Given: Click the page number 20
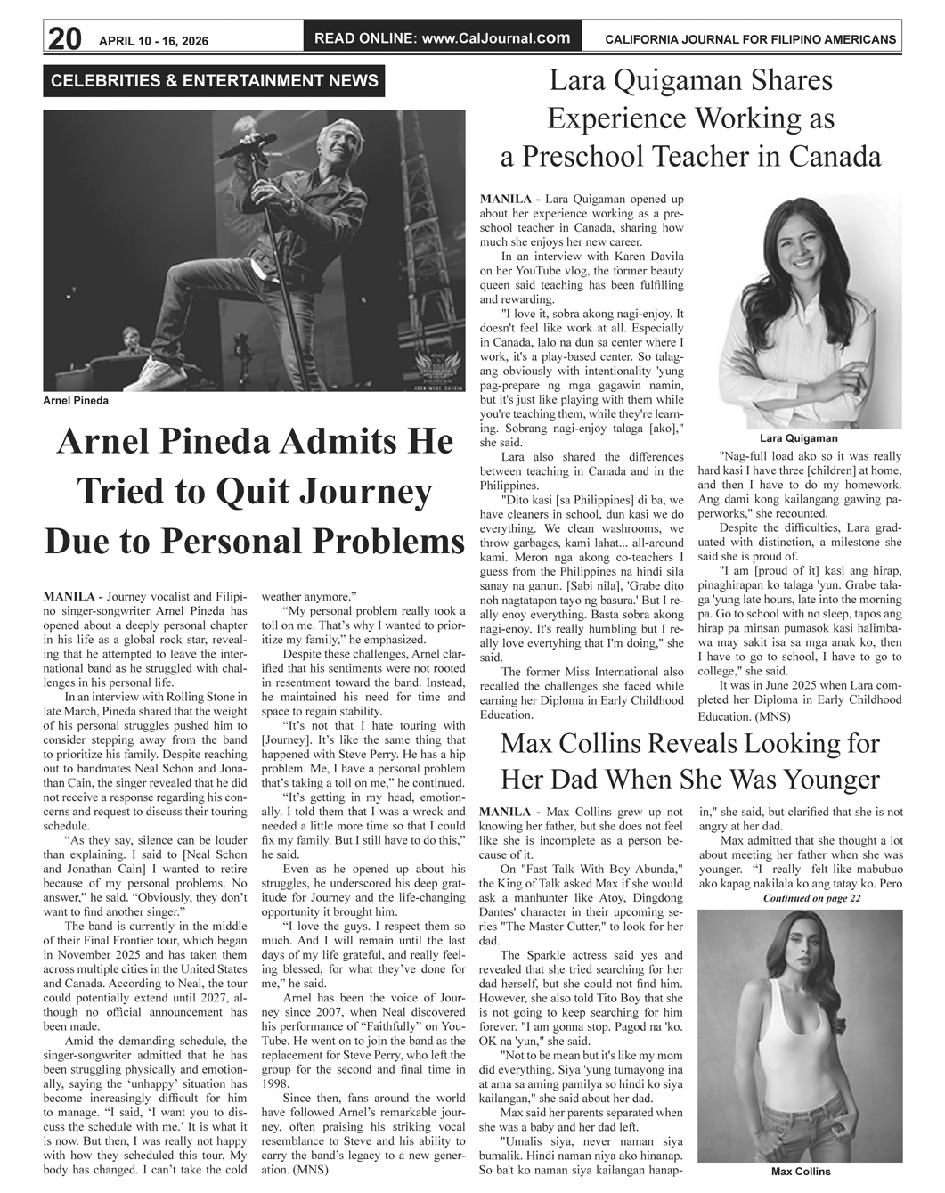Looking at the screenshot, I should [65, 38].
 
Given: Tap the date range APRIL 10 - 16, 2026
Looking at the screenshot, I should [160, 40].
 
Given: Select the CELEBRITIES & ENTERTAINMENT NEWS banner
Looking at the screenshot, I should [215, 81].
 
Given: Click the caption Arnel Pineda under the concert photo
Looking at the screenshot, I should [76, 401].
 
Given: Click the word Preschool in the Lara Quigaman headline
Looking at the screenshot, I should [580, 157].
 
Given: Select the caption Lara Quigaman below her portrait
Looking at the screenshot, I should [798, 438].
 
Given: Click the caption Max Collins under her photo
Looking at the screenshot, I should [800, 1172].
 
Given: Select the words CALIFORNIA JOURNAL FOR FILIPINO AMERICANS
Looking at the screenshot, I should [750, 40].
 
